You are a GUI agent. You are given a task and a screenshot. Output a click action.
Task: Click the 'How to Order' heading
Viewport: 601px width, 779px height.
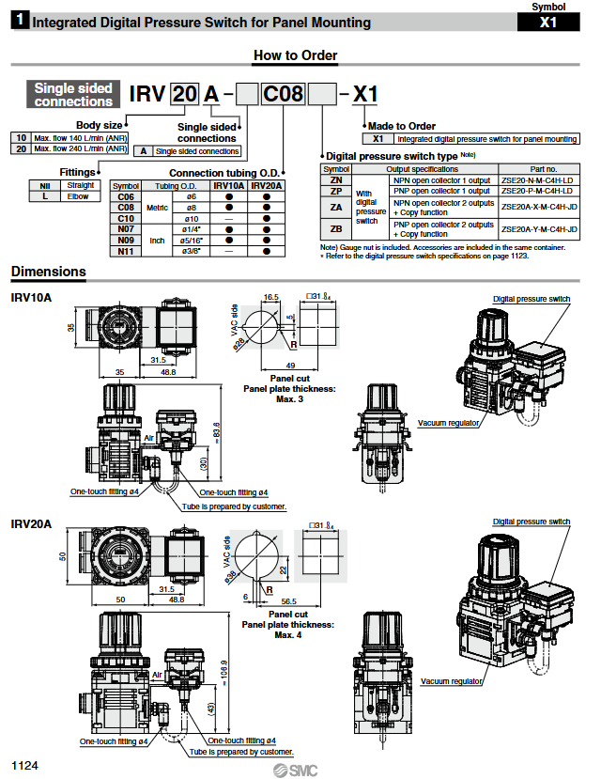(295, 55)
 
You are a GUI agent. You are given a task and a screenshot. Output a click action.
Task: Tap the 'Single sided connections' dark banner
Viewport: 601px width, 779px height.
(73, 94)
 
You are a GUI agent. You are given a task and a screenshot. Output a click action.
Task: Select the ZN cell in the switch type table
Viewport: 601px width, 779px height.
(336, 179)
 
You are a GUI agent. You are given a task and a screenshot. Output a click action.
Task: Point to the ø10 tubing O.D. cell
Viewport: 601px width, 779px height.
(190, 218)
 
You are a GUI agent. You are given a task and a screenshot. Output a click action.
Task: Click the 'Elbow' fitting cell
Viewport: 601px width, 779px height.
(79, 196)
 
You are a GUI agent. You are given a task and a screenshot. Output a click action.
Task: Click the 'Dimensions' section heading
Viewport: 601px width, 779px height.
(48, 273)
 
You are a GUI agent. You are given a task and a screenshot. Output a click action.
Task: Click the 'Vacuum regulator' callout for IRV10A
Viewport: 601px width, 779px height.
(449, 423)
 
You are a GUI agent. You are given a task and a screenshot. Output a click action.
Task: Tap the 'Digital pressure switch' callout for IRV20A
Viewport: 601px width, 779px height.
(532, 522)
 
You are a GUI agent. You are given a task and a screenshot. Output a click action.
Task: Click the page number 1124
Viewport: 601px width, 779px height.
(24, 766)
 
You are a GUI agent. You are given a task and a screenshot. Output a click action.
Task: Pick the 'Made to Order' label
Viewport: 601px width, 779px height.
(402, 126)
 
